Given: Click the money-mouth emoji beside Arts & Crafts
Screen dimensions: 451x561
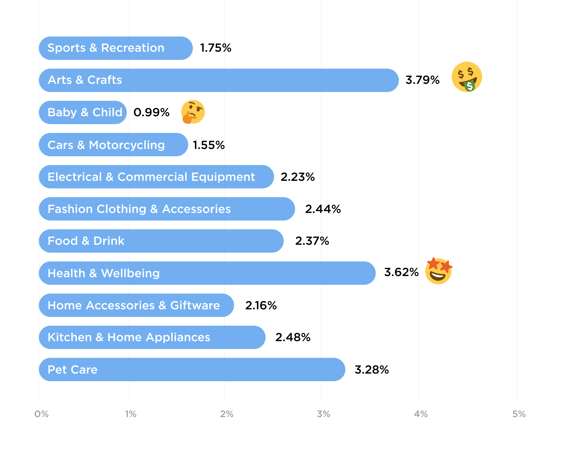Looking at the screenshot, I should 467,77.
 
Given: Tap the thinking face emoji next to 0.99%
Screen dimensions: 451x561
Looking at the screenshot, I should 193,112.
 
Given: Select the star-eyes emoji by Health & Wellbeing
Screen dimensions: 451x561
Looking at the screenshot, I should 438,271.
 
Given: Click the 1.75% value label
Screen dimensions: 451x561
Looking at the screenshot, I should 216,48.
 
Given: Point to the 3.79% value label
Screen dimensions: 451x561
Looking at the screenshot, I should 423,80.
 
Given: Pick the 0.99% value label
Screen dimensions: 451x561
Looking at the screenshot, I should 151,112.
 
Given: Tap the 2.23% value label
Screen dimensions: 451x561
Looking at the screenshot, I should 297,177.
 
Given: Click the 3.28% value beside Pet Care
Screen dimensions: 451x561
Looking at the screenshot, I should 372,370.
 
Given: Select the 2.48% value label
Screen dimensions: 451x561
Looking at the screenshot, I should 293,337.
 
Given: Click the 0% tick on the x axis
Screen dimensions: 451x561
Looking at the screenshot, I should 41,414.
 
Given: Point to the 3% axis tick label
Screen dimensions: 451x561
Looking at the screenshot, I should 323,414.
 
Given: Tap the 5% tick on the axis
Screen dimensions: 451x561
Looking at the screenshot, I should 519,414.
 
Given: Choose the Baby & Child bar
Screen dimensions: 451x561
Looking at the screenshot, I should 83,112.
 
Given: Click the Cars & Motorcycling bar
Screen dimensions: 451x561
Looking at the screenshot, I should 113,145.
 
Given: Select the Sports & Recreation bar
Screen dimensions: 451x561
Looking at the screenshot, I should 116,48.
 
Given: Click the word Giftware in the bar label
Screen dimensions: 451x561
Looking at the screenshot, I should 195,306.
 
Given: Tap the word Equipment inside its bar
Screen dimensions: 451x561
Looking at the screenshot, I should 223,177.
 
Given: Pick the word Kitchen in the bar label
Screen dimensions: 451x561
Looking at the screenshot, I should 70,337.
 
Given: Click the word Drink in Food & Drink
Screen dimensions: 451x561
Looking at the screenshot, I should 109,241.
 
